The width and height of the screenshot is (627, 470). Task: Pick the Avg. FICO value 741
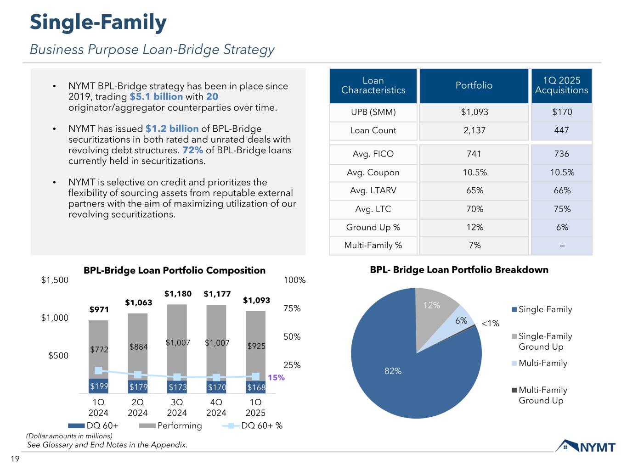coord(474,154)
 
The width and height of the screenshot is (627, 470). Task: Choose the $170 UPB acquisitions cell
coord(561,112)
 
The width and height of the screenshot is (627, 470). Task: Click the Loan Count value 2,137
coord(474,130)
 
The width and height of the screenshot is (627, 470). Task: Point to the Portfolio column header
coord(474,85)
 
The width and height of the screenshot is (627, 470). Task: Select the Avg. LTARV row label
coord(373,190)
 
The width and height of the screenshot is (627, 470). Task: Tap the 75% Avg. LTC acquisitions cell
coord(561,209)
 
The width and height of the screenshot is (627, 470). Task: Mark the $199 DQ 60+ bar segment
coord(99,386)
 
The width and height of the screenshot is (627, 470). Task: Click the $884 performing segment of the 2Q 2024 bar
coord(138,347)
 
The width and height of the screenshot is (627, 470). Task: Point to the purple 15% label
coord(276,378)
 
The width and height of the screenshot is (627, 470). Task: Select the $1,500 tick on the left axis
coord(55,280)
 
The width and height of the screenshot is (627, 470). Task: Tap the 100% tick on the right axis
coord(294,280)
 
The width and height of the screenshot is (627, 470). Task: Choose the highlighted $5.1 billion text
coord(156,97)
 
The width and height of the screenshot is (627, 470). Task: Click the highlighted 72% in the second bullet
coord(193,150)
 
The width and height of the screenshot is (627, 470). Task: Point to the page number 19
coord(15,459)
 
